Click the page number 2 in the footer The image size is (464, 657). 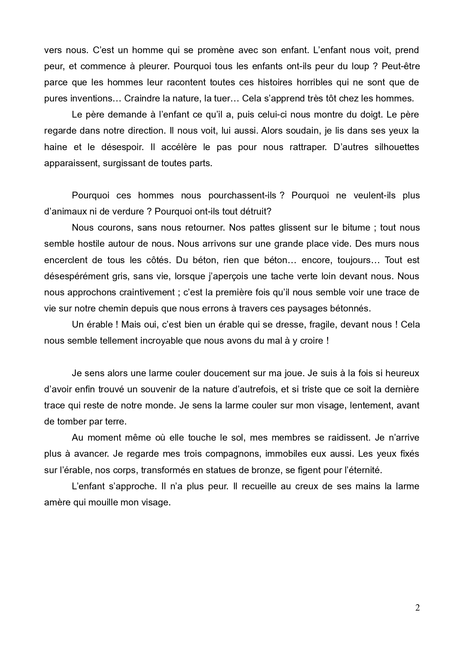pyautogui.click(x=417, y=608)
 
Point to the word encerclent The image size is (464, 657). pyautogui.click(x=66, y=260)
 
